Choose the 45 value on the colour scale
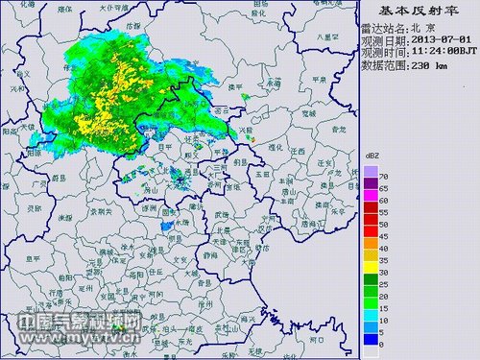click(382, 235)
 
